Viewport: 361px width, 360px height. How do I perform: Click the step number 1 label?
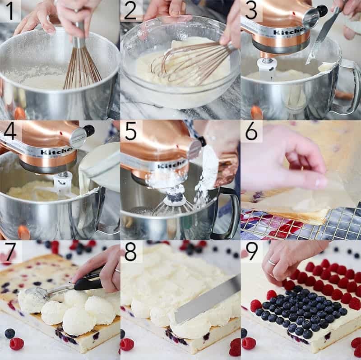[10, 11]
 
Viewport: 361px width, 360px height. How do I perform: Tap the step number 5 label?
[131, 131]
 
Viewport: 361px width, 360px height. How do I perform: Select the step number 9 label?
[251, 251]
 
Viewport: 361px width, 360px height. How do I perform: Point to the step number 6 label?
[251, 131]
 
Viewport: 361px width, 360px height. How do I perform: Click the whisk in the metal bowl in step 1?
[81, 63]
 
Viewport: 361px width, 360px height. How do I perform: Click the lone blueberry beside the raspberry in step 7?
[9, 333]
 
